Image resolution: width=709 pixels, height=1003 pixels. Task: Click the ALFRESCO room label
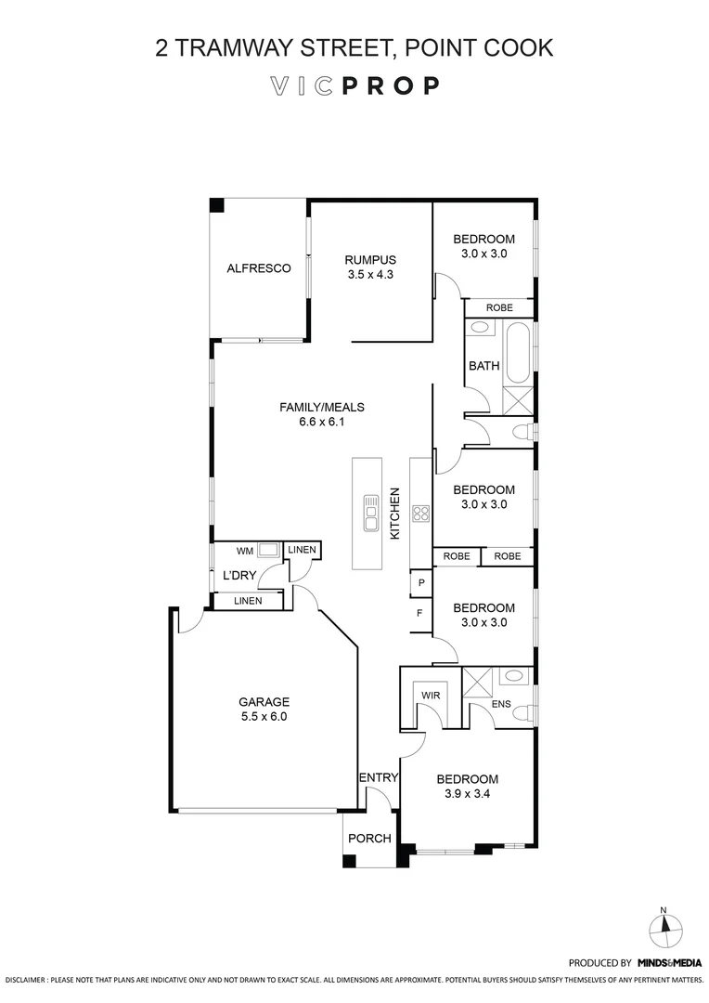(259, 268)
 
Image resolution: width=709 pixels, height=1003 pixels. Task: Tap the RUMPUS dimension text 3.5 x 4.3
(370, 274)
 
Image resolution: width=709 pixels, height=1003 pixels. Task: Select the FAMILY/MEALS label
(322, 407)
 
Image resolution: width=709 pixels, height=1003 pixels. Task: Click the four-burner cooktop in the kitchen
(419, 514)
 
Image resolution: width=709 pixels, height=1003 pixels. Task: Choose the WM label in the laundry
(245, 551)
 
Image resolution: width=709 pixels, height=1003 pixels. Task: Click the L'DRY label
(238, 576)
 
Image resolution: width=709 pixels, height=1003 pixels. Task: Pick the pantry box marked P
(421, 583)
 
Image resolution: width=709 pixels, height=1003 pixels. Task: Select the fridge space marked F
(420, 614)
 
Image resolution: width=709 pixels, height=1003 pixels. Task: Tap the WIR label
(431, 695)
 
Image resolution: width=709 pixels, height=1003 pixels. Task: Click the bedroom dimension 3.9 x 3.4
(467, 793)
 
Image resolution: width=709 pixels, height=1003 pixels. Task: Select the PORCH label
(369, 839)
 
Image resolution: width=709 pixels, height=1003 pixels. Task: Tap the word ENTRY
(379, 777)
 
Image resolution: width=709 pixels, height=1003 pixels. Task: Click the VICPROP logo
(354, 86)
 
